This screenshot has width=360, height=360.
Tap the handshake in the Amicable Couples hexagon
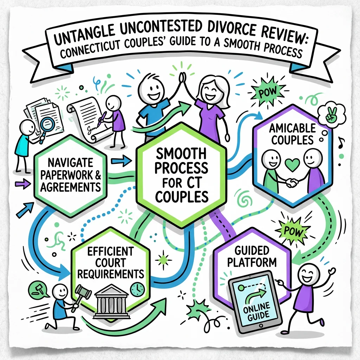coord(291,182)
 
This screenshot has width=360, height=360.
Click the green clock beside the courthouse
coord(137,289)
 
